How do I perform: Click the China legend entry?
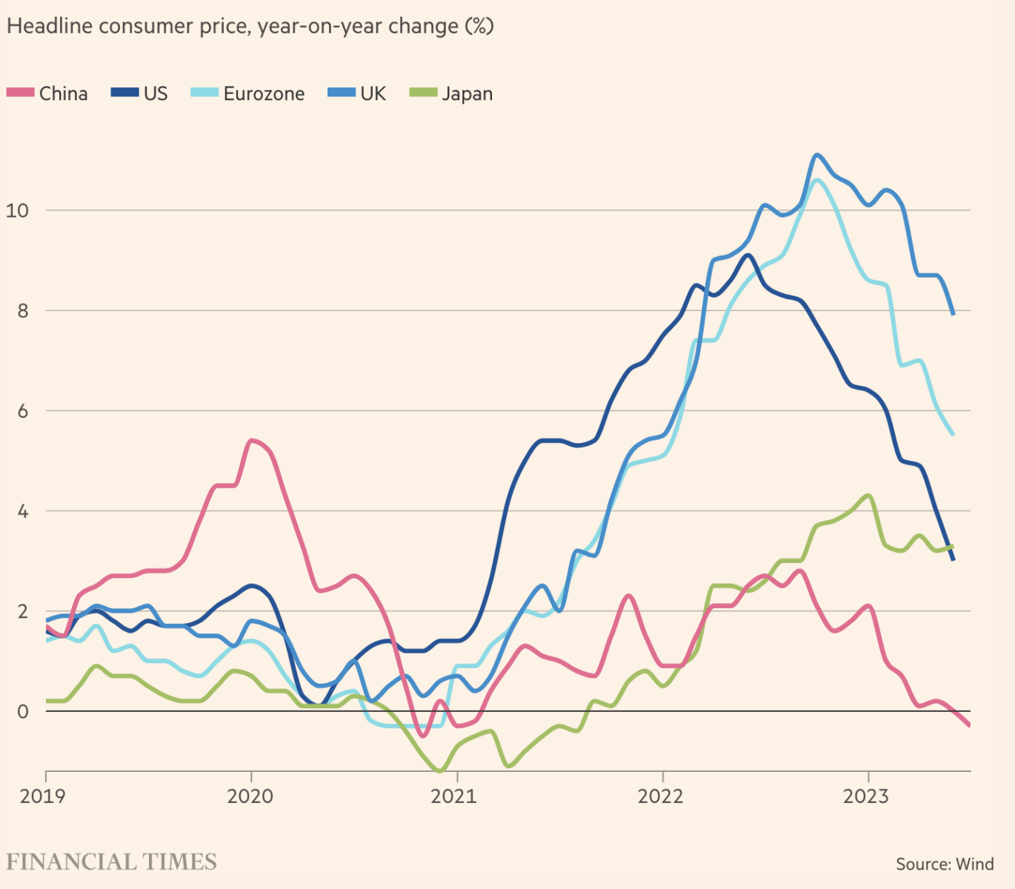(x=47, y=93)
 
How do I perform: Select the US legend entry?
(x=140, y=93)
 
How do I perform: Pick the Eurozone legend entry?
(x=248, y=93)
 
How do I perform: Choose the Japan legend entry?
(x=451, y=93)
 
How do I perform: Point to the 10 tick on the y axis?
(x=17, y=210)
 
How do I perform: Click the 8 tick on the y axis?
(x=22, y=310)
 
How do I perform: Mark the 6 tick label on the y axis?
(x=22, y=411)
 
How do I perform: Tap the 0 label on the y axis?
(x=22, y=712)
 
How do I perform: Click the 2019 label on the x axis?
(x=42, y=796)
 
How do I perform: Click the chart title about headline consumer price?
(x=250, y=27)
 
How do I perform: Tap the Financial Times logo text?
(x=111, y=862)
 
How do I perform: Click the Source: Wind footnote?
(x=945, y=864)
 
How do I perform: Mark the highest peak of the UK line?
(x=816, y=155)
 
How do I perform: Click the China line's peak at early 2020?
(x=251, y=441)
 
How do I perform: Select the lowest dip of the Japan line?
(x=441, y=771)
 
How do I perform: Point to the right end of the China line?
(x=968, y=725)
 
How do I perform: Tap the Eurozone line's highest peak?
(x=816, y=180)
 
